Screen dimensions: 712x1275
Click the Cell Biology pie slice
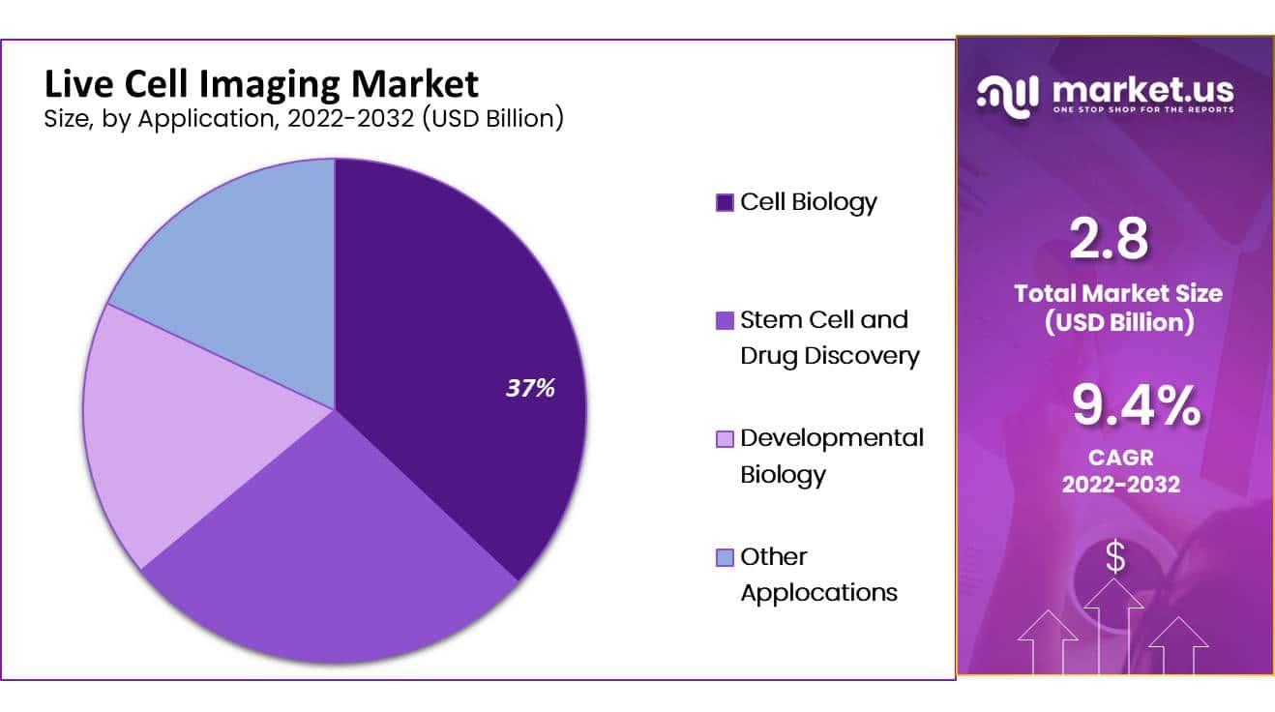tap(455, 319)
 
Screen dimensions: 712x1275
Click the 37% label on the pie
tap(530, 389)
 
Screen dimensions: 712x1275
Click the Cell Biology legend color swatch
tap(725, 203)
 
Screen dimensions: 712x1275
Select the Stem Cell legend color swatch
tap(725, 321)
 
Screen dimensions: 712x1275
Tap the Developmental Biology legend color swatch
tap(725, 439)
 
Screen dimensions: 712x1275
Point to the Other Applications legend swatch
tap(725, 557)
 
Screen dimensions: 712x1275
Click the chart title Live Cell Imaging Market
tap(261, 84)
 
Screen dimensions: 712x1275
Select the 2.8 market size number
tap(1109, 239)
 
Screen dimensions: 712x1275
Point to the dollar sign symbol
tap(1115, 558)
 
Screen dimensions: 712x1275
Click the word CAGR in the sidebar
tap(1121, 456)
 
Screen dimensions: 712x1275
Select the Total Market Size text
tap(1118, 293)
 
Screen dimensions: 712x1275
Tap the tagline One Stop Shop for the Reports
tap(1142, 111)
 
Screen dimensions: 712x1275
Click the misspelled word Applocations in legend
tap(818, 592)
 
